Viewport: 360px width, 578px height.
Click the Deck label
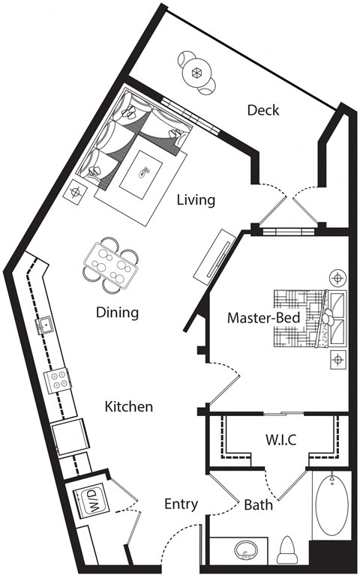[262, 110]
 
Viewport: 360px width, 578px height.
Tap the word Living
[196, 200]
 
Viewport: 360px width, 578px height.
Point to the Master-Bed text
[263, 318]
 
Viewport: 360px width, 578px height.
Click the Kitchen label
[128, 407]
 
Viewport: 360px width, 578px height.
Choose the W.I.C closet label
[281, 439]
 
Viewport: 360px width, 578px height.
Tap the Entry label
[181, 504]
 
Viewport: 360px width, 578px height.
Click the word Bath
[257, 505]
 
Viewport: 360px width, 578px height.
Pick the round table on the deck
[197, 73]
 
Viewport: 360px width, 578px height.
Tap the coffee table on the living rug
[145, 173]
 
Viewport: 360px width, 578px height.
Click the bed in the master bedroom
[307, 319]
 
